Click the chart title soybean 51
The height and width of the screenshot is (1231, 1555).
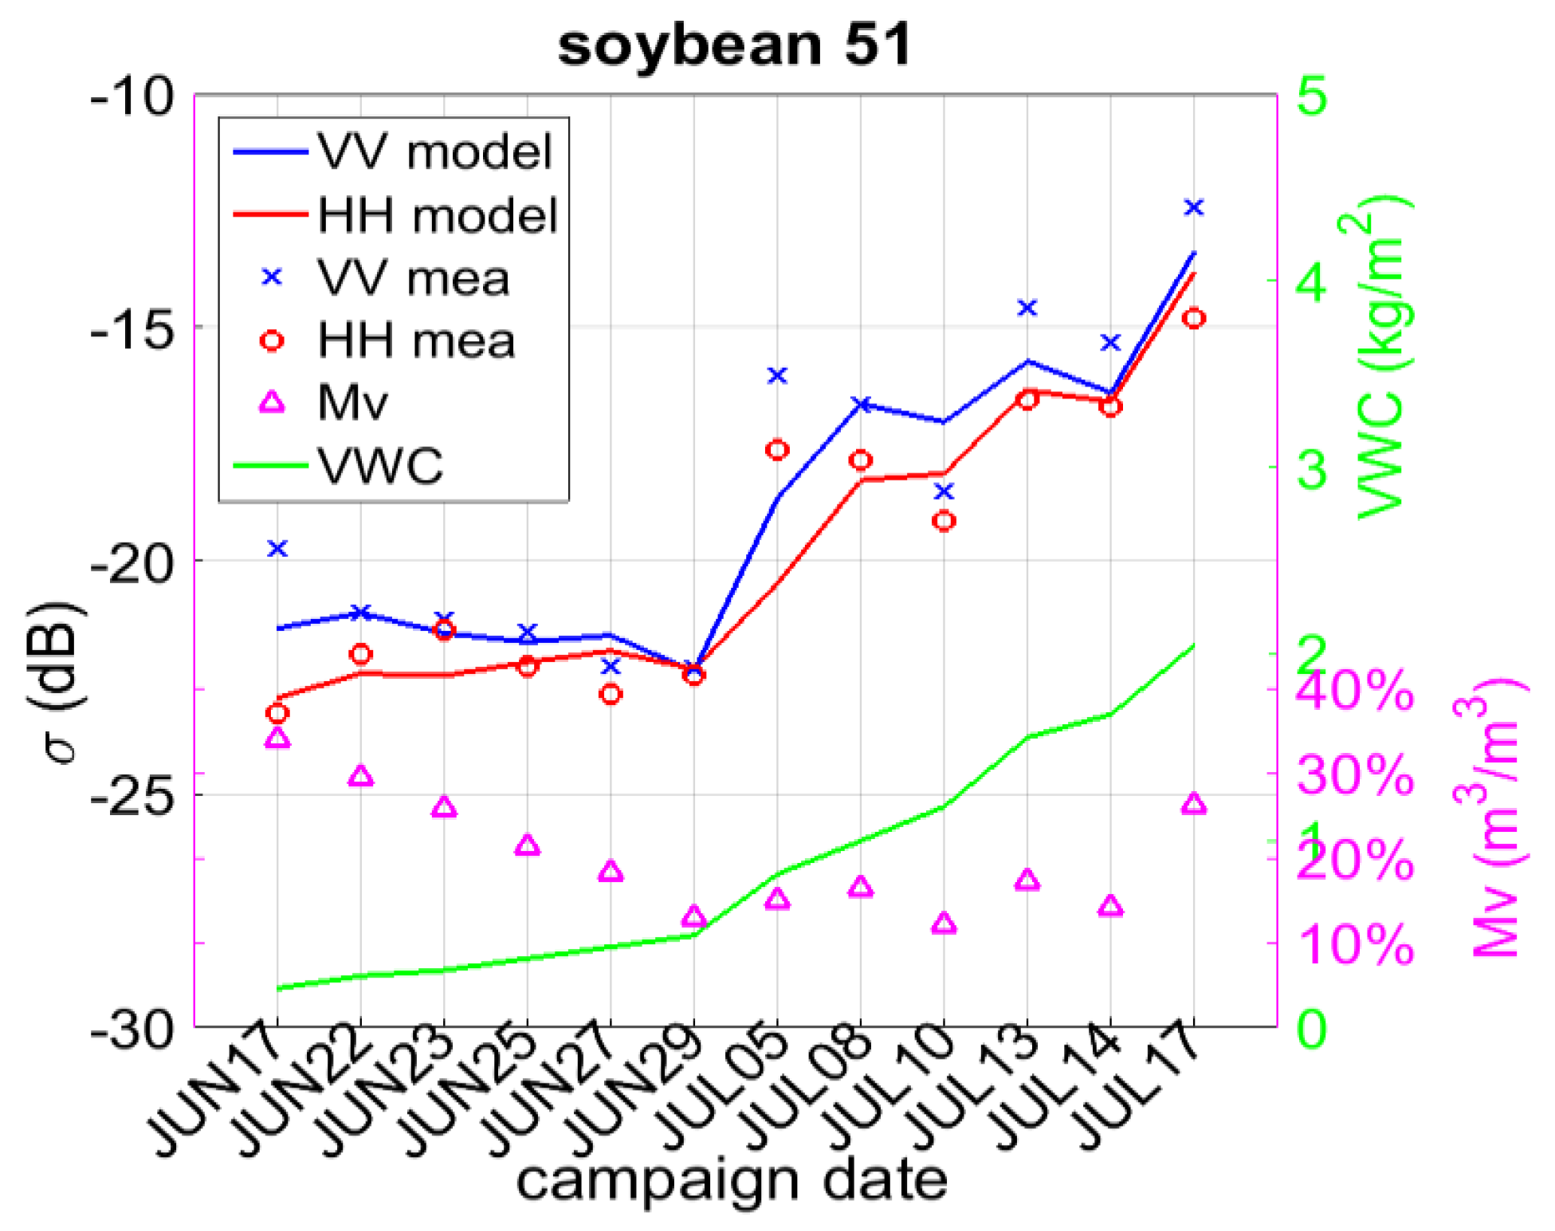pos(733,45)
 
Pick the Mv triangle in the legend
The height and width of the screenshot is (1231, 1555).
pos(273,402)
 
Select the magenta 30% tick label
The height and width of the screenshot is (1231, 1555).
pos(1354,774)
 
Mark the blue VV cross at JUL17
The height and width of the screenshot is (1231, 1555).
pos(1193,207)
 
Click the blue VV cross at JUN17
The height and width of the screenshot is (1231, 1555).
pos(277,548)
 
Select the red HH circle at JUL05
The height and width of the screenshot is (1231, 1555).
pos(777,450)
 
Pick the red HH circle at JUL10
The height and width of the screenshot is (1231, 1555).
pos(944,521)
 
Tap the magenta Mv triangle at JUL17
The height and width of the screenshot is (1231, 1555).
pos(1193,804)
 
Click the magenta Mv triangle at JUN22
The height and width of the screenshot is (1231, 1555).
pos(360,776)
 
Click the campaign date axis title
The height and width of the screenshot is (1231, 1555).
pos(732,1180)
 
